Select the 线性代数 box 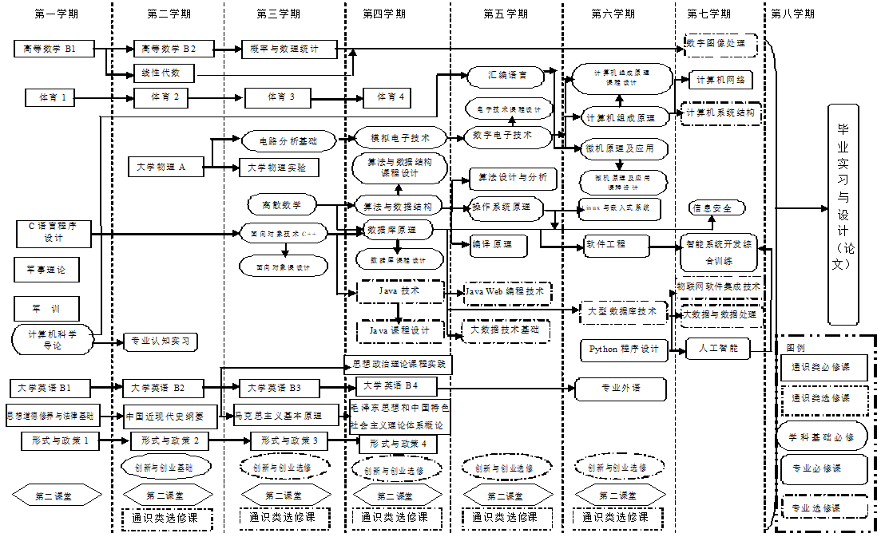coord(161,73)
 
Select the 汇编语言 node coord(507,76)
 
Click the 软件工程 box coord(605,243)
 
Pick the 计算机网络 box coord(720,80)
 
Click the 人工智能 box coord(718,348)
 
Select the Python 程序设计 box coord(624,349)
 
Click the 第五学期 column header coord(506,14)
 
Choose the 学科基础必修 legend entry coord(821,436)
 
